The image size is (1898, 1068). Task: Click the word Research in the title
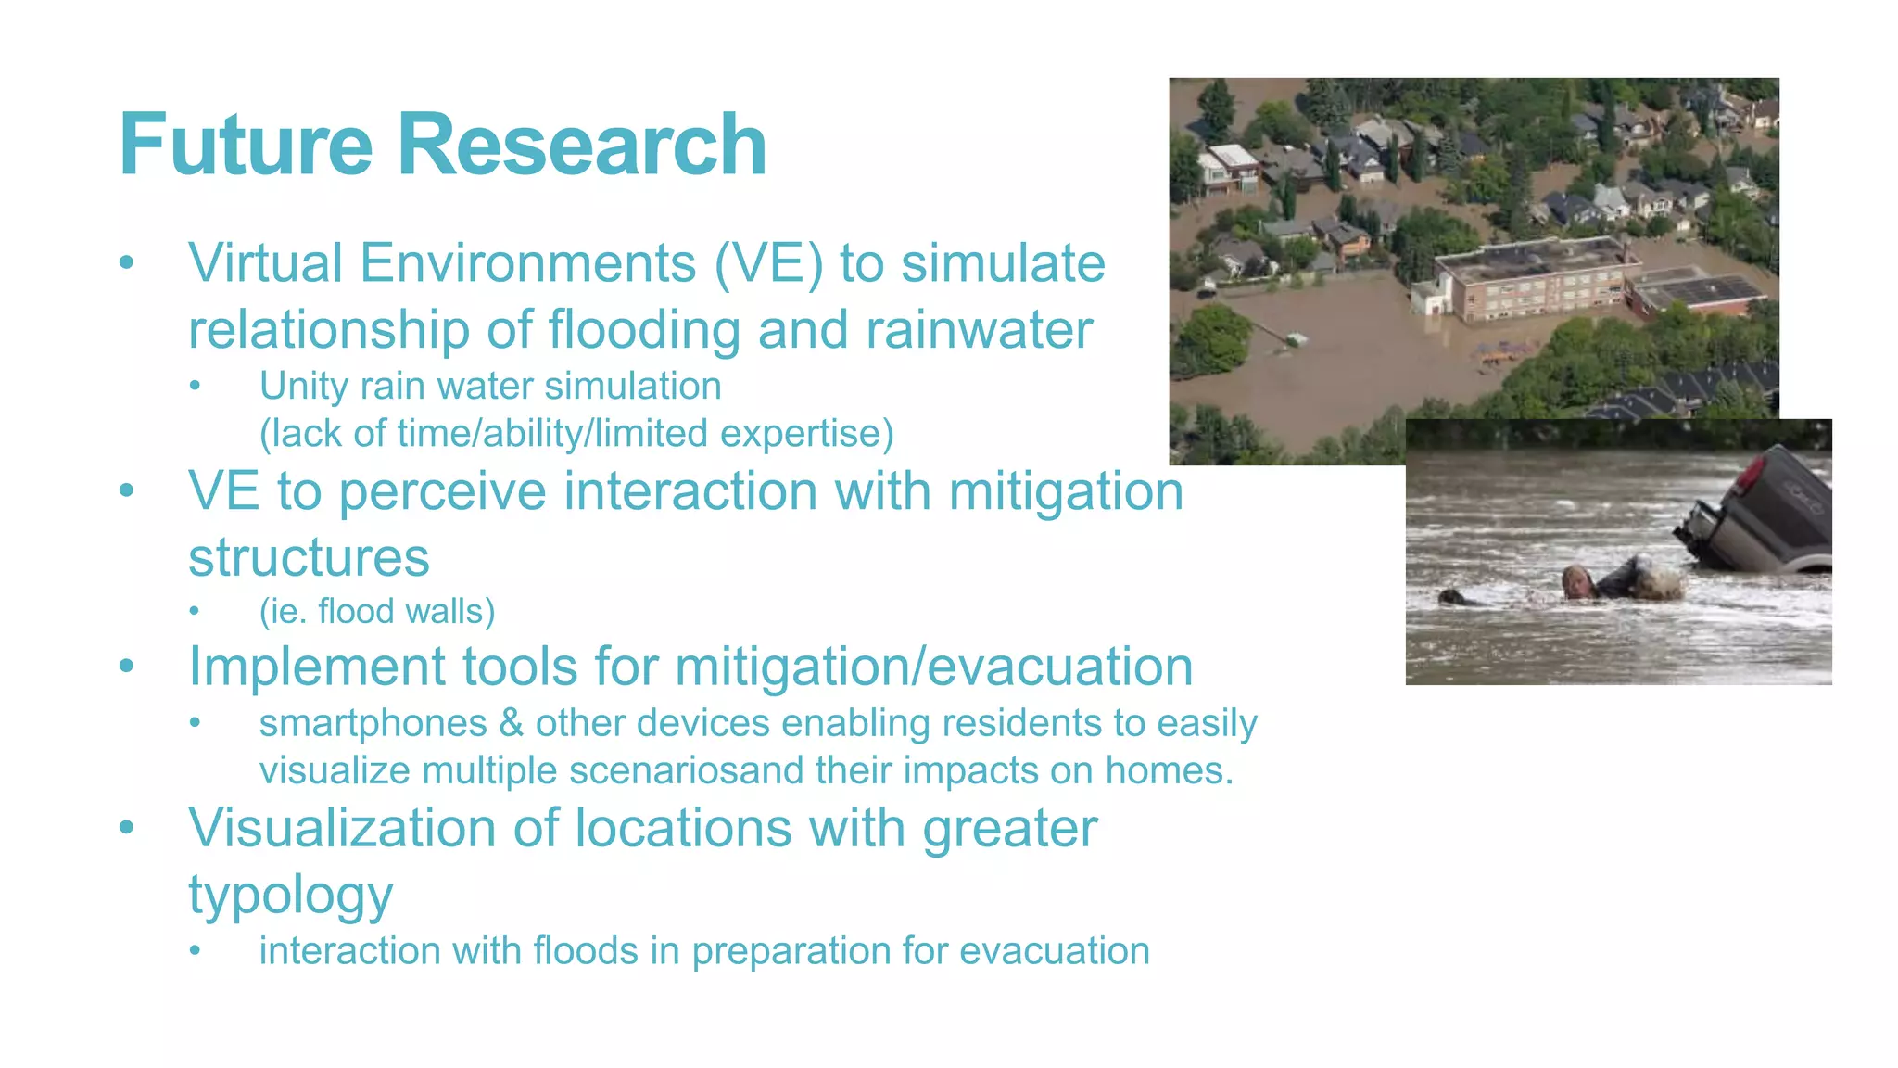[x=581, y=145]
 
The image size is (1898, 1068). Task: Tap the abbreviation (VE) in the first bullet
[x=768, y=264]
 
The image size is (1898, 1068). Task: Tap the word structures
[x=309, y=558]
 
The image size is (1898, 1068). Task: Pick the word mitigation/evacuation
[x=933, y=667]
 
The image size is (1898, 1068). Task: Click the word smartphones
[x=373, y=723]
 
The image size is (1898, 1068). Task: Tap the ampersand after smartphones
[x=511, y=723]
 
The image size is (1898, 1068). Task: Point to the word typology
[x=291, y=896]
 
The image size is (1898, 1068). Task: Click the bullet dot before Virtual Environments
[x=127, y=263]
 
